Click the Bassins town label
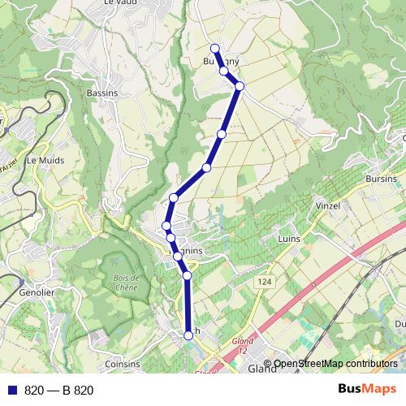point(102,93)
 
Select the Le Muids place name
point(45,161)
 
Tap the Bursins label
point(381,178)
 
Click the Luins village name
point(289,240)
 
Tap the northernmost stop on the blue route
point(215,48)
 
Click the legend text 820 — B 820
point(59,391)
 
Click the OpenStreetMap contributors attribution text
point(338,364)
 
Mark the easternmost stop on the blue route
point(240,85)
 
